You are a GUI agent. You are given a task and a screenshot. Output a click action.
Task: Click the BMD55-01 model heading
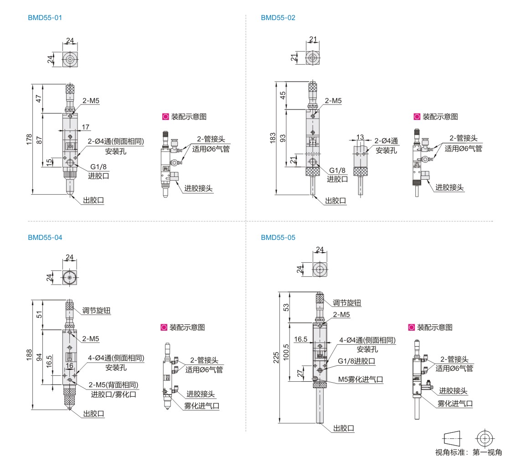(x=45, y=18)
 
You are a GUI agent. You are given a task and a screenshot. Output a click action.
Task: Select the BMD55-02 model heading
(x=278, y=18)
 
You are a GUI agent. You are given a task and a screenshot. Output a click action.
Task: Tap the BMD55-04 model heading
(x=45, y=237)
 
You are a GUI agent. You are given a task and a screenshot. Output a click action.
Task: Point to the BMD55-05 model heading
(x=278, y=237)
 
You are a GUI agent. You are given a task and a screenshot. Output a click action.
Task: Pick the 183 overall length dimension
(x=273, y=138)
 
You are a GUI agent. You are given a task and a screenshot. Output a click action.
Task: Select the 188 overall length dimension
(x=29, y=354)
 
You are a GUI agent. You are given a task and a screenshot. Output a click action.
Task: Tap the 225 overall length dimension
(x=275, y=358)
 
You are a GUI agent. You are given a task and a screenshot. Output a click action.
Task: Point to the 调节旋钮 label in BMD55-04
(x=96, y=311)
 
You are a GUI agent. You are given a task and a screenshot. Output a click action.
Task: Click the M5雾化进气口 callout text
(x=360, y=379)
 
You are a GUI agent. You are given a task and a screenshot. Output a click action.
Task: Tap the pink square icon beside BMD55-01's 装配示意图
(x=165, y=117)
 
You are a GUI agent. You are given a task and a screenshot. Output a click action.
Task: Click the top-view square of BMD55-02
(x=312, y=58)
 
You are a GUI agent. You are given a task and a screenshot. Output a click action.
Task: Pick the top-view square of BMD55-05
(x=321, y=270)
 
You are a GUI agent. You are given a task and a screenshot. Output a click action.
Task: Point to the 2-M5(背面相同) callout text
(x=114, y=384)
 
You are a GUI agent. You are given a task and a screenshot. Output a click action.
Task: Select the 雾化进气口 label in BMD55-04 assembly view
(x=201, y=405)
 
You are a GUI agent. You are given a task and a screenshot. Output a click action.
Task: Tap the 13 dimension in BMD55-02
(x=361, y=137)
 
